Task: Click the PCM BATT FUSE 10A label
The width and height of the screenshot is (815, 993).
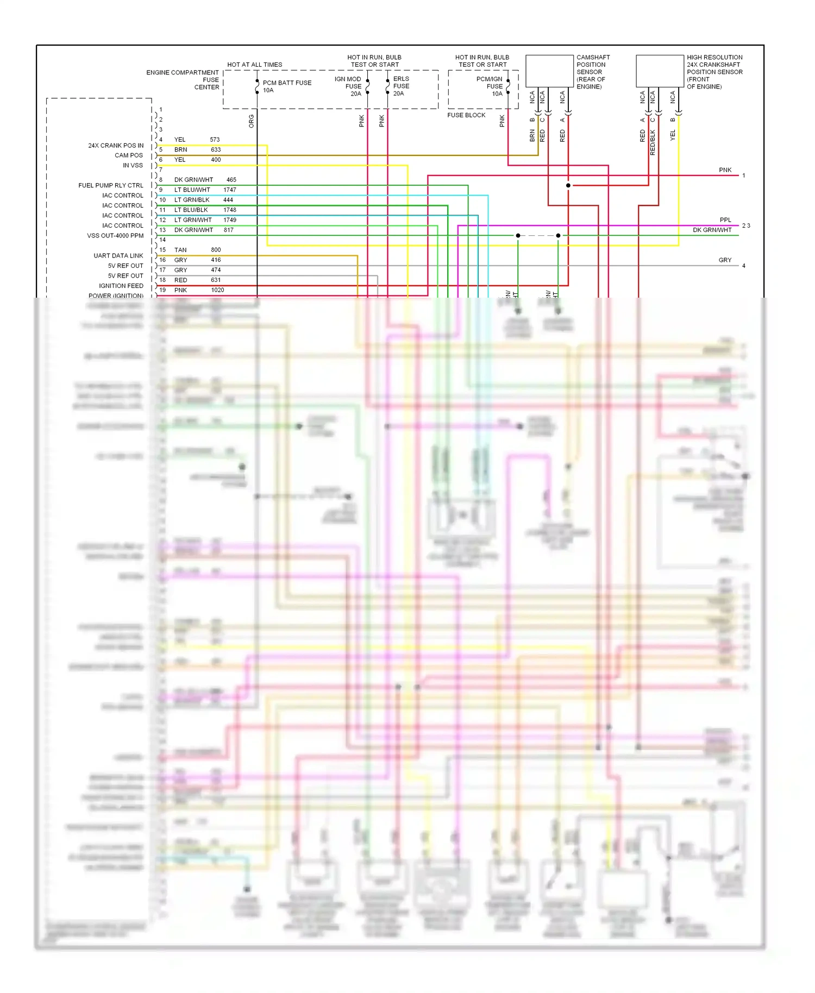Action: (x=286, y=86)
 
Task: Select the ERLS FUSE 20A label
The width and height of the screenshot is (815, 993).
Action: (x=401, y=86)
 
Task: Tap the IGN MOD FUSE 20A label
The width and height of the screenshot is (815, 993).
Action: (x=348, y=86)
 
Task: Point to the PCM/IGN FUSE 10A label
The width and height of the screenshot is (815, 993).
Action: (x=490, y=86)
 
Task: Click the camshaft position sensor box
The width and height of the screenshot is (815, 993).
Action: (x=549, y=71)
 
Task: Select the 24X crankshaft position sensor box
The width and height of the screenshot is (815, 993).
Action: (x=660, y=71)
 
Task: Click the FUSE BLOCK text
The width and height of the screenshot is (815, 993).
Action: (x=466, y=115)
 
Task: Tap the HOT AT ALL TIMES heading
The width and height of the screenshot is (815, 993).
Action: (x=254, y=65)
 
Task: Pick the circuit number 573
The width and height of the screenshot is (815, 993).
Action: (x=215, y=140)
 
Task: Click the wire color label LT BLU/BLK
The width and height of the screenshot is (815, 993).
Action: (x=191, y=210)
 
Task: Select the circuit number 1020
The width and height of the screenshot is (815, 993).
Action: (x=217, y=290)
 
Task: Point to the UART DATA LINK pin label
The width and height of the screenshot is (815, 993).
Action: (x=118, y=256)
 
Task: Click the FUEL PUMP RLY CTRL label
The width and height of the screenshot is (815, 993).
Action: (x=110, y=185)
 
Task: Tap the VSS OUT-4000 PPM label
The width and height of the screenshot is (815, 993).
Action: (x=115, y=236)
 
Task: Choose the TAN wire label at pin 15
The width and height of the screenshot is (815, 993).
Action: (x=180, y=250)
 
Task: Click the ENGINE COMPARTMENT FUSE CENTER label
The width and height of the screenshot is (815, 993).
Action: (x=183, y=80)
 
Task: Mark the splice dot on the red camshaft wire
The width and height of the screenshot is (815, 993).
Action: (x=568, y=185)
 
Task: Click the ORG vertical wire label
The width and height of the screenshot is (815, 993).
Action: (x=251, y=121)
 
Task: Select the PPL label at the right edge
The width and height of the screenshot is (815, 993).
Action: (x=725, y=220)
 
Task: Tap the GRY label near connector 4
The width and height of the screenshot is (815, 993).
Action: (x=725, y=260)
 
